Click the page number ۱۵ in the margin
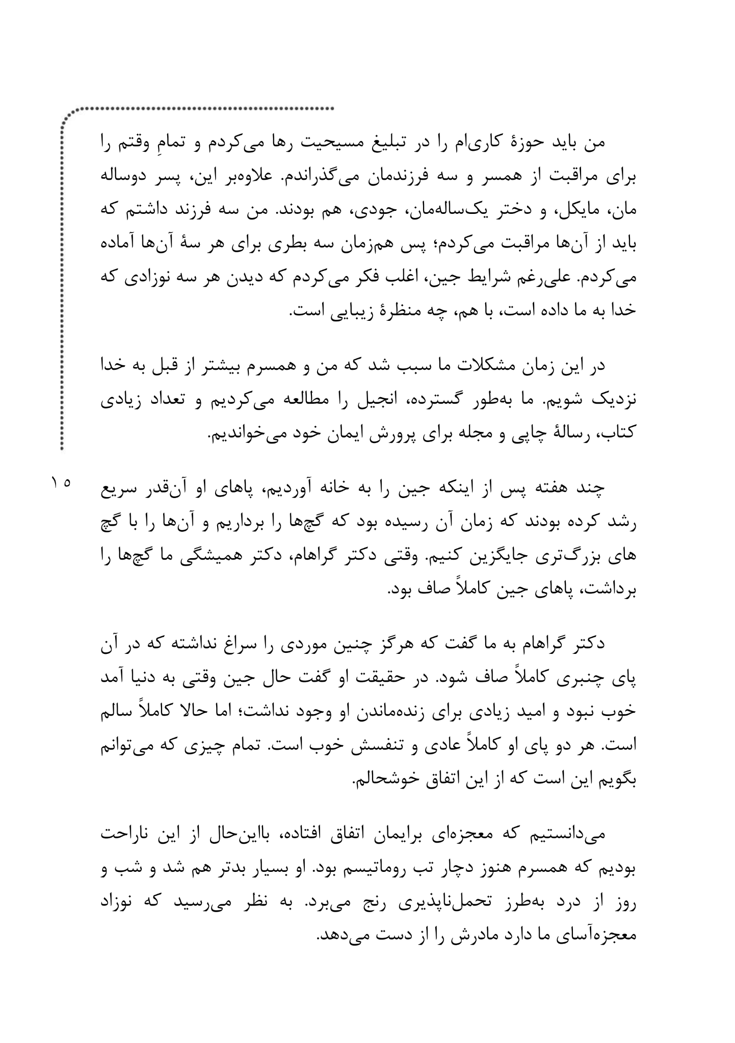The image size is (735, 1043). point(61,481)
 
